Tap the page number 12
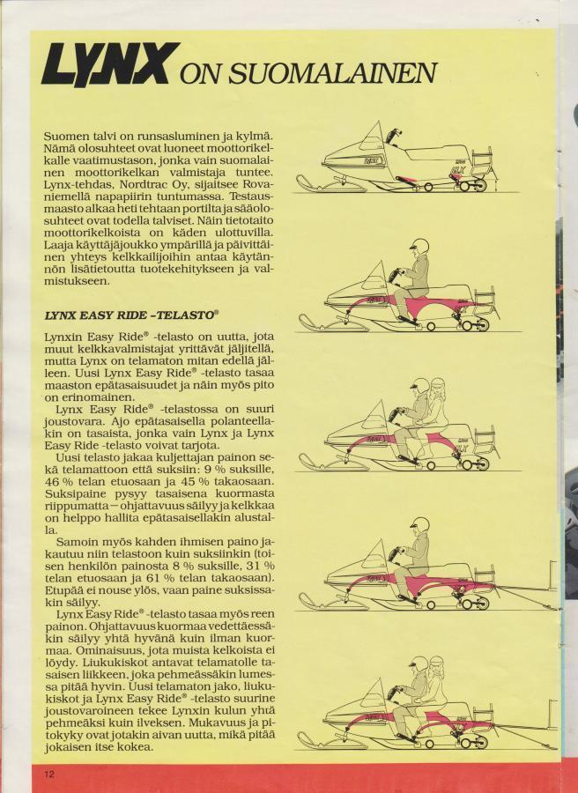point(49,774)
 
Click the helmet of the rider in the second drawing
point(419,247)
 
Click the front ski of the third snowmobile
point(334,463)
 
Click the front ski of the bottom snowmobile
point(334,741)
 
